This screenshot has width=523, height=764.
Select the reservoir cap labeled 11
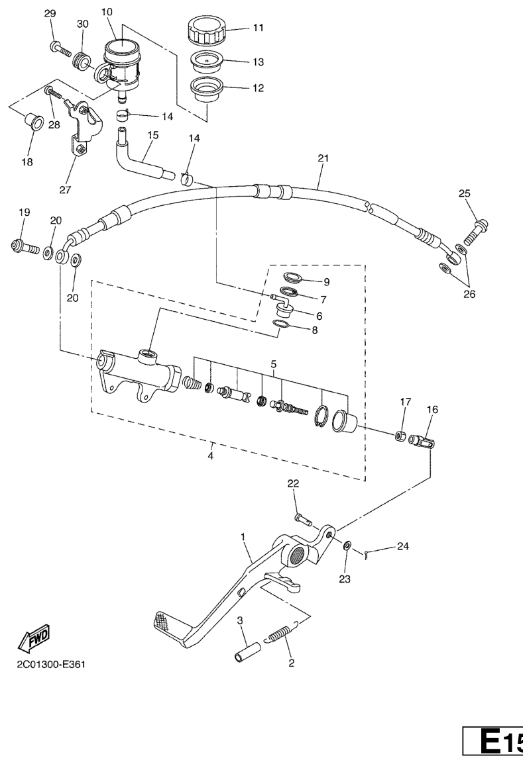[x=207, y=30]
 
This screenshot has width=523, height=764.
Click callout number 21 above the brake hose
[x=323, y=158]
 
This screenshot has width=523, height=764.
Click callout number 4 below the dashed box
[x=210, y=456]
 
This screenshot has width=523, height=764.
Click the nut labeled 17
[x=400, y=434]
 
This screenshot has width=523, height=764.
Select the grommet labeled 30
[x=81, y=62]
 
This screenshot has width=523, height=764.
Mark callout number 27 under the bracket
[x=66, y=190]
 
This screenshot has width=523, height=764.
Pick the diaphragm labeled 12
[x=206, y=89]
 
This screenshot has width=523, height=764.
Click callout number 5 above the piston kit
[x=274, y=364]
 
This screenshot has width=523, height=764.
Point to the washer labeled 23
[x=347, y=545]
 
